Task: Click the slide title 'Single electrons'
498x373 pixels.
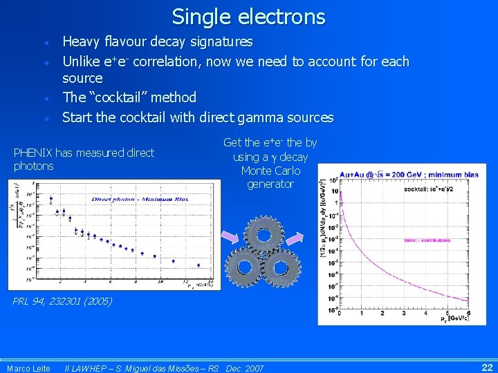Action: point(248,16)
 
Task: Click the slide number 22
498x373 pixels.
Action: point(486,367)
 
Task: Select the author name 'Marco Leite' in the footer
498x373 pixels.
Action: point(28,368)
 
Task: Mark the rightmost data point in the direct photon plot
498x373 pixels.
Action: point(199,265)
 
